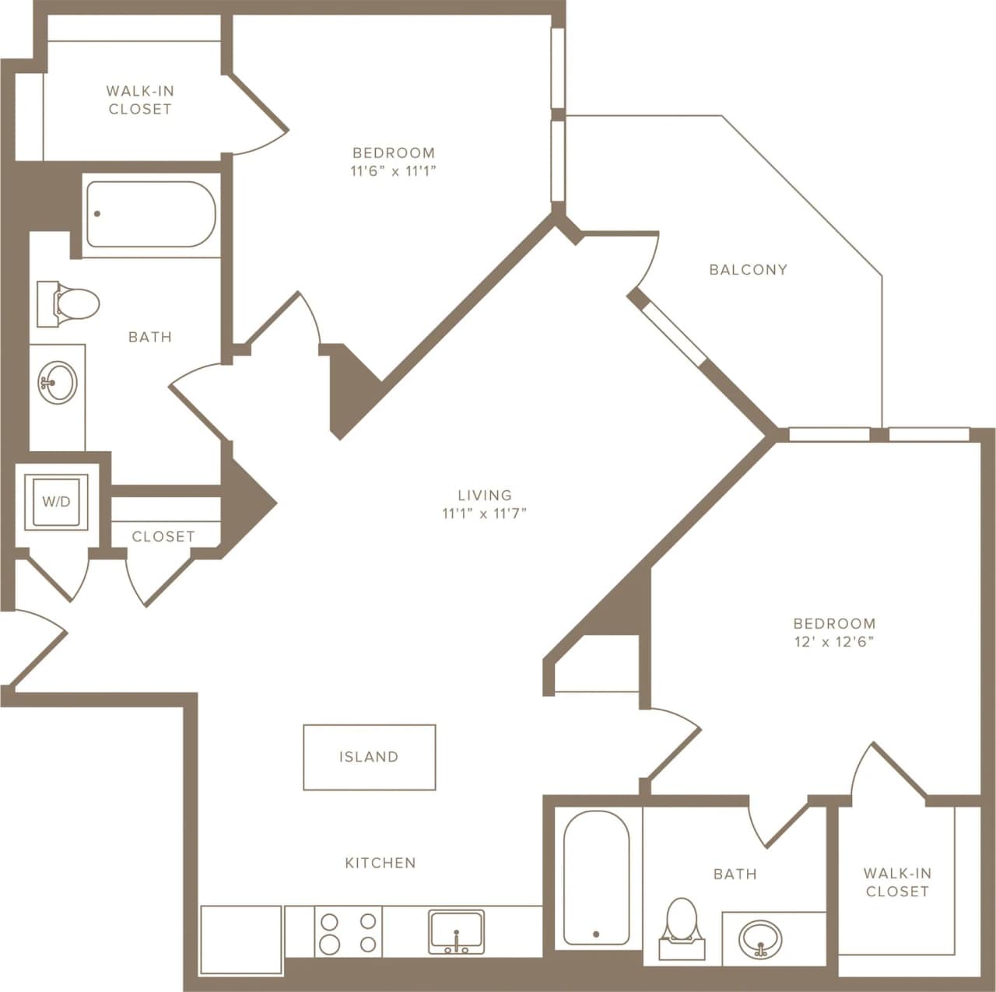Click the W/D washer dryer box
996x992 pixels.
(56, 502)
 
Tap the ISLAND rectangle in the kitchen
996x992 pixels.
(369, 757)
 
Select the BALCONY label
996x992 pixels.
(748, 270)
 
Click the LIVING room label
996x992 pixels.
(485, 495)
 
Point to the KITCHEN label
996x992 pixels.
(381, 863)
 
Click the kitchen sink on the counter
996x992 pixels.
(456, 931)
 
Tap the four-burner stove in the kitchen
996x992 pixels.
(349, 932)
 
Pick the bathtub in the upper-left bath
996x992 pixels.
(150, 214)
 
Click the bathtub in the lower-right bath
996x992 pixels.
(596, 878)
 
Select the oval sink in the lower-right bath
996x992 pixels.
(760, 938)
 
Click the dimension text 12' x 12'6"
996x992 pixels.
(834, 643)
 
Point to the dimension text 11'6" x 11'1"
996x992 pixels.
(393, 172)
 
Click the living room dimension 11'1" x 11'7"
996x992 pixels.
(485, 514)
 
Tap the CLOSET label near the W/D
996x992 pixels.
(163, 537)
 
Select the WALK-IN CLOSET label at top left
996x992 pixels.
(140, 100)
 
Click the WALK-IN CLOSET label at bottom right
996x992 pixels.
(897, 883)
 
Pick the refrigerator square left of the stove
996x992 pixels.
(241, 931)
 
